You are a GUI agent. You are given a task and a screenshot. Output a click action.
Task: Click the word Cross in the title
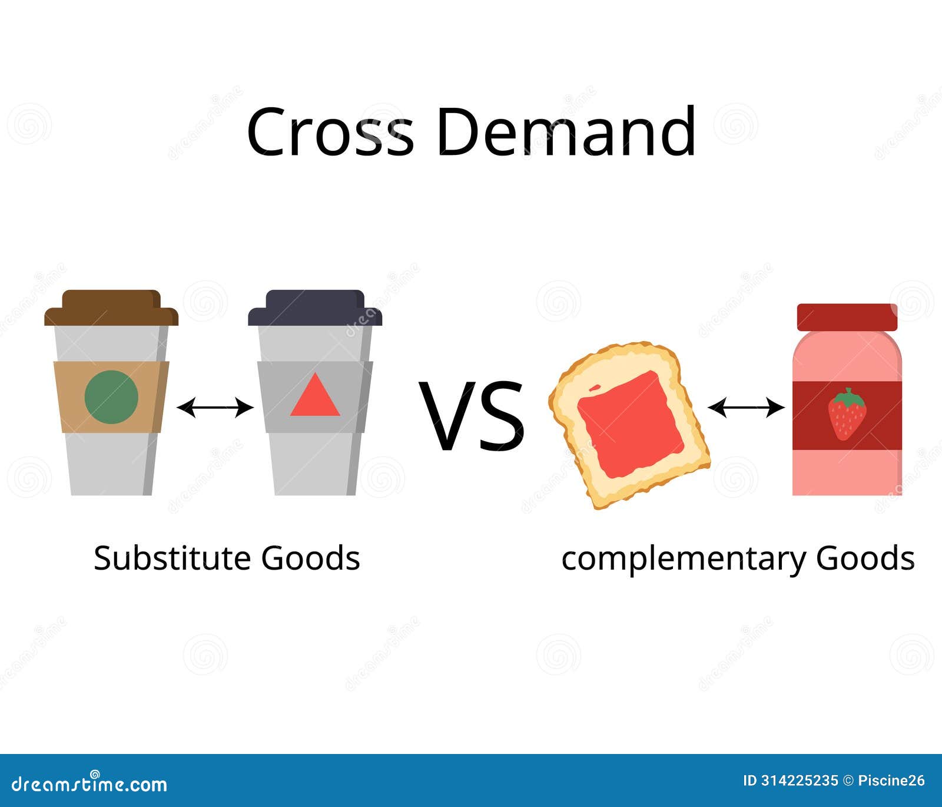coord(330,131)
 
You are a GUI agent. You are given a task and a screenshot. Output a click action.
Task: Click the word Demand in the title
coord(566,131)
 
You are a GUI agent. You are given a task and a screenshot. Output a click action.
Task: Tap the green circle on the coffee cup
coord(111,396)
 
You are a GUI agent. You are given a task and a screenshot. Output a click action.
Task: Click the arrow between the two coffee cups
coord(215,407)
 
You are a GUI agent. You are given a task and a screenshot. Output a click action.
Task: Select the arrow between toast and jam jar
coord(746,407)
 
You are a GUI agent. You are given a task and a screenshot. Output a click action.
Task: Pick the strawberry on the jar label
coord(847,414)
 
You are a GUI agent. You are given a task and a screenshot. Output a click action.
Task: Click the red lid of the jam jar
coord(847,317)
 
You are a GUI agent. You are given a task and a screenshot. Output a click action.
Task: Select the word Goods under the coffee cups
coord(310,558)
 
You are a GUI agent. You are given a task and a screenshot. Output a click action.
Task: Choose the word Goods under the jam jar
coord(865,558)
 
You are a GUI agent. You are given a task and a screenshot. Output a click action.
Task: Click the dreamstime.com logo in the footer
coord(89,783)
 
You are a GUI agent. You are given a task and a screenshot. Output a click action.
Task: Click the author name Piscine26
coord(891,781)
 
